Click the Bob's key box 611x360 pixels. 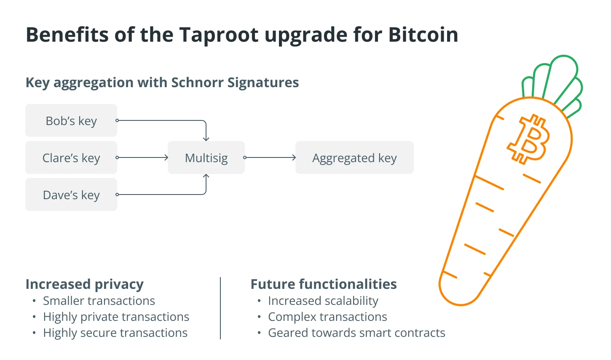click(x=71, y=120)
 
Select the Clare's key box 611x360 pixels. click(x=71, y=157)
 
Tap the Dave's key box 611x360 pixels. click(x=71, y=194)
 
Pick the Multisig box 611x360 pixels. click(x=206, y=157)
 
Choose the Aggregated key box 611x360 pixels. click(x=355, y=157)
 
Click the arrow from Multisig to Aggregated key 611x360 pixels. click(x=270, y=157)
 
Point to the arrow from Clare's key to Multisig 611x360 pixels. click(x=142, y=157)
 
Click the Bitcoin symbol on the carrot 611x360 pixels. click(x=528, y=139)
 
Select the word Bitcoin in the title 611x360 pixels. click(x=423, y=35)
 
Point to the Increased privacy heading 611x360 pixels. click(x=85, y=284)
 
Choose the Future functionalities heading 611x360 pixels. click(x=324, y=284)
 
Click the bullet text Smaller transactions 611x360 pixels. click(x=99, y=301)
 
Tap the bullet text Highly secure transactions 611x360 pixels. click(x=115, y=333)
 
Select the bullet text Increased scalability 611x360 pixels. click(x=323, y=301)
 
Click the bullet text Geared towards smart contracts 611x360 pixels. click(x=356, y=333)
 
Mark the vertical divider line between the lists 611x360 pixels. click(x=220, y=308)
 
